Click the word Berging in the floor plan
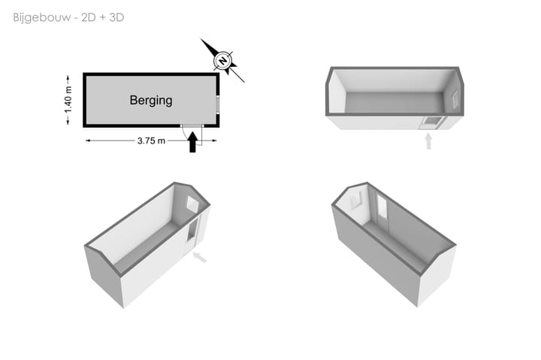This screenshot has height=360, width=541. click(151, 101)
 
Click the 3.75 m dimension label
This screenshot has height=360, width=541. click(151, 141)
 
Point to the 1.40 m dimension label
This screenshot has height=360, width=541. click(68, 100)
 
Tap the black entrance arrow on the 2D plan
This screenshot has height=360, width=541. click(192, 142)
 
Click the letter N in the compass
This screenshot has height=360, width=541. click(223, 61)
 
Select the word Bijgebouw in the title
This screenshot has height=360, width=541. click(42, 17)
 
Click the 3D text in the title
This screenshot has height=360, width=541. click(116, 17)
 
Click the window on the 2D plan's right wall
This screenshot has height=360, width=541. click(218, 104)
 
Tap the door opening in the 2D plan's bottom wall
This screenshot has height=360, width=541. click(192, 126)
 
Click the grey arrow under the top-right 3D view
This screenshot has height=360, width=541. click(428, 141)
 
